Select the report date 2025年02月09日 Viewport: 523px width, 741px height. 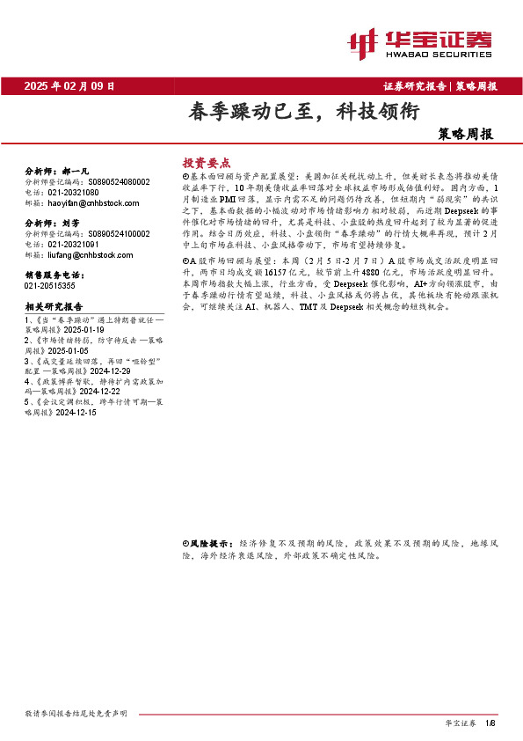(69, 86)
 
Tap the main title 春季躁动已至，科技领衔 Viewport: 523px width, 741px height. (305, 112)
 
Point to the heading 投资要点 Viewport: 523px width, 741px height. (206, 163)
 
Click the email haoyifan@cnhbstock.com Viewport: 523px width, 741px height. (93, 202)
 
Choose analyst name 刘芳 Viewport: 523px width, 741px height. (75, 224)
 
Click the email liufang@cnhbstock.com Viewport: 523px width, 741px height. (91, 253)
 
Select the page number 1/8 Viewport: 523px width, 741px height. (490, 723)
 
